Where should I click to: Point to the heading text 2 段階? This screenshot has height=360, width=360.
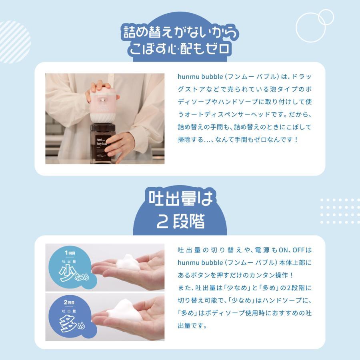tap(180, 221)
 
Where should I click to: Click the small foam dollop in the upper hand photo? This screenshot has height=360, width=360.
tap(127, 262)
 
